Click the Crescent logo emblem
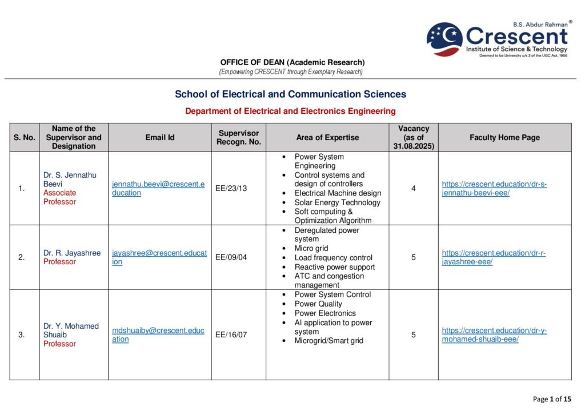(x=444, y=39)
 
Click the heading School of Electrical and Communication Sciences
(x=290, y=94)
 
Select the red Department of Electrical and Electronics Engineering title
(x=290, y=111)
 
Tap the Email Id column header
(x=160, y=137)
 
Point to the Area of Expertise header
(x=327, y=137)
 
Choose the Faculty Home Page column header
(x=504, y=137)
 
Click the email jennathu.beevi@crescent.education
(x=158, y=188)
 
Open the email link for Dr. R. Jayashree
(x=159, y=257)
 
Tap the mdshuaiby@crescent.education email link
(x=158, y=335)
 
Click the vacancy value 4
(x=414, y=188)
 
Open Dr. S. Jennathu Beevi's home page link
(x=494, y=188)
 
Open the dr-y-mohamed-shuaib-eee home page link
(x=494, y=335)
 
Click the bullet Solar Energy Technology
(x=337, y=202)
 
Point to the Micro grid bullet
(x=311, y=248)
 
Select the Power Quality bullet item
(x=318, y=304)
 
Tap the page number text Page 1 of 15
(x=552, y=399)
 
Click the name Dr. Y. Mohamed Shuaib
(x=71, y=330)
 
